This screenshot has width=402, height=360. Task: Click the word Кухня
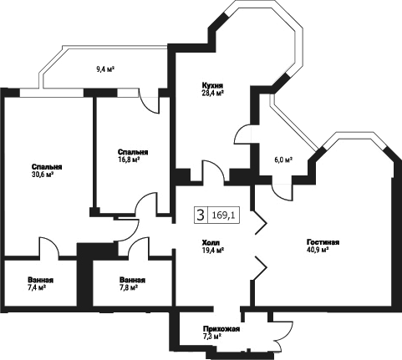(x=213, y=85)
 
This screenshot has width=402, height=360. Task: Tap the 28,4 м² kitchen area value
(x=213, y=92)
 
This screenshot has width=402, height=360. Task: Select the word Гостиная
(x=323, y=242)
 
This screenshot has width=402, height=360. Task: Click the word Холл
(x=211, y=242)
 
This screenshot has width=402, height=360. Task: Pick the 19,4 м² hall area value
(x=213, y=250)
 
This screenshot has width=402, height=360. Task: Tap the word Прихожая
(x=221, y=329)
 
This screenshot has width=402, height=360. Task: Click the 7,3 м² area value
(x=212, y=336)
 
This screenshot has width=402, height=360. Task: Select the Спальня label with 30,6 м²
(x=47, y=167)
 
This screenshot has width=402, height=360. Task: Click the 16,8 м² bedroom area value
(x=129, y=160)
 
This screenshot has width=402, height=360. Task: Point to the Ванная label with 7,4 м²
(x=40, y=280)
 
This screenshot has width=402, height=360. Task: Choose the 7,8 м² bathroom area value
(x=129, y=287)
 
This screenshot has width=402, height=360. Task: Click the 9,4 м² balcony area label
(x=106, y=69)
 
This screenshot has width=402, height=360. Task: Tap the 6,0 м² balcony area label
(x=282, y=160)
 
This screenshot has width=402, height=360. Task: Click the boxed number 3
(x=201, y=215)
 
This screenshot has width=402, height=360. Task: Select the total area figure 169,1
(x=223, y=215)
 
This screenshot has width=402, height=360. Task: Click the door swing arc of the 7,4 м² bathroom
(x=53, y=242)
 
